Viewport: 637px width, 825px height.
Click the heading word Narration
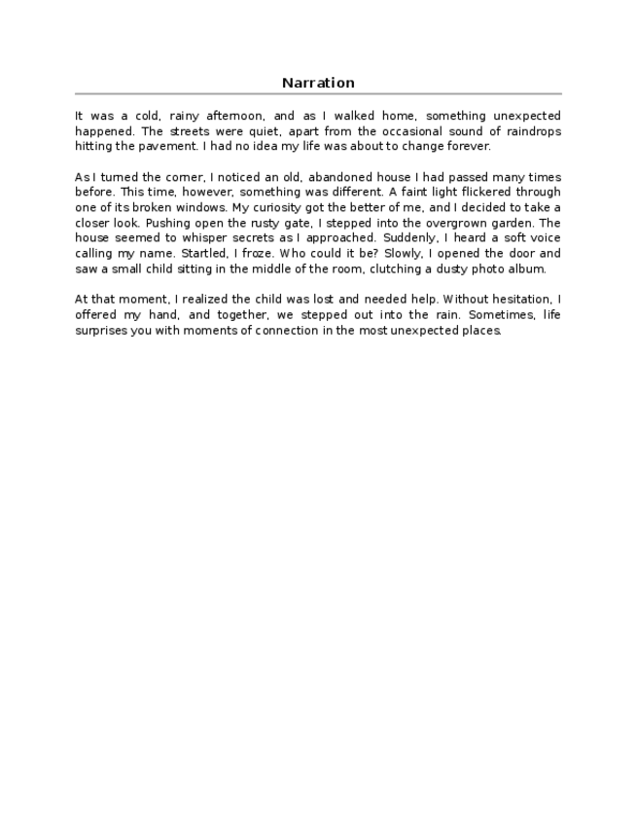(318, 83)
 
